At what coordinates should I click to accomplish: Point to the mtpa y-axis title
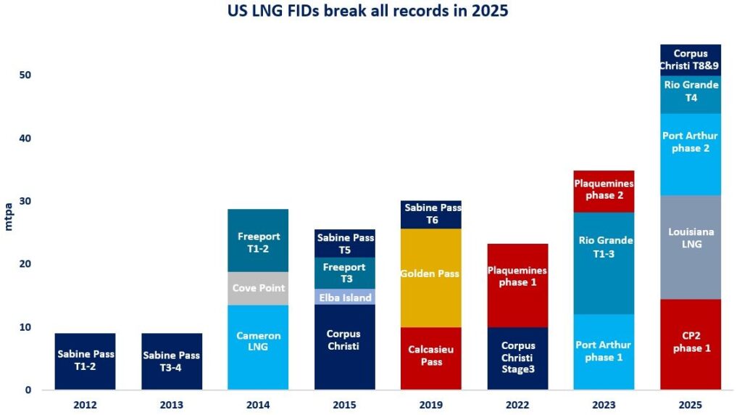tap(9, 215)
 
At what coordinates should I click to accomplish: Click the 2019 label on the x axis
tap(431, 403)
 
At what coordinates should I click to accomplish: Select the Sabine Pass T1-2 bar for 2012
tap(85, 361)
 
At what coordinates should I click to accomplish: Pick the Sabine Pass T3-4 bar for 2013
tap(172, 361)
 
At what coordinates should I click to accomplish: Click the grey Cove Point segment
tap(258, 288)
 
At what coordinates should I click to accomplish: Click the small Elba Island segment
tap(345, 297)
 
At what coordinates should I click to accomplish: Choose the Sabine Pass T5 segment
tap(345, 244)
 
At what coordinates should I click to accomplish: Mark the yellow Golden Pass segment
tap(431, 274)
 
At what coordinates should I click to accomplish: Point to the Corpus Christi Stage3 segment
tap(518, 358)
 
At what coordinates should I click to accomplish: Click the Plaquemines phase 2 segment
tap(604, 191)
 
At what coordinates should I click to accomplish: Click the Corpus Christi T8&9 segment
tap(691, 59)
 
